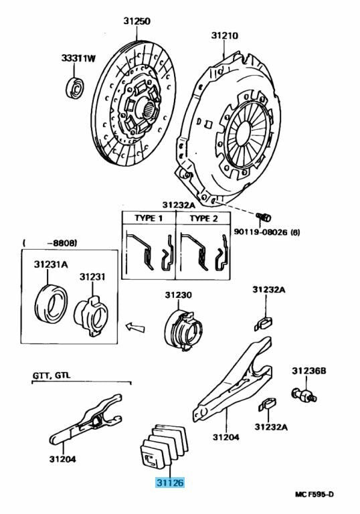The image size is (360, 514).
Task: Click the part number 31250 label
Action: pyautogui.click(x=137, y=21)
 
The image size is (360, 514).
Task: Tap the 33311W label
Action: pyautogui.click(x=78, y=58)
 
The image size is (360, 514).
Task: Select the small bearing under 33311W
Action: pyautogui.click(x=76, y=88)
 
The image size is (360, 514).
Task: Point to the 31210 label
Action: pyautogui.click(x=225, y=35)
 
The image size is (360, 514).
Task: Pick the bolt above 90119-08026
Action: pyautogui.click(x=263, y=216)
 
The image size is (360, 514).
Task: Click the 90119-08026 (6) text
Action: pyautogui.click(x=266, y=232)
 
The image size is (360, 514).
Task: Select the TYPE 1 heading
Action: pyautogui.click(x=149, y=218)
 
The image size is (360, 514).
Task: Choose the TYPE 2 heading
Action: pyautogui.click(x=203, y=218)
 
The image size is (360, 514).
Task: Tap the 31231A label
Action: pyautogui.click(x=51, y=264)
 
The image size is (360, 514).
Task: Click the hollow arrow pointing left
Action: pyautogui.click(x=135, y=327)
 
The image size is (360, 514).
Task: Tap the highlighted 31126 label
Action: pyautogui.click(x=170, y=483)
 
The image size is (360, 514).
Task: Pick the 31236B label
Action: pyautogui.click(x=309, y=371)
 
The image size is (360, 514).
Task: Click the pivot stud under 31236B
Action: pyautogui.click(x=304, y=395)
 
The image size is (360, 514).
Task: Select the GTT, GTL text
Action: pyautogui.click(x=52, y=375)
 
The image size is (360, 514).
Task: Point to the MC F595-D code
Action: pyautogui.click(x=314, y=495)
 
